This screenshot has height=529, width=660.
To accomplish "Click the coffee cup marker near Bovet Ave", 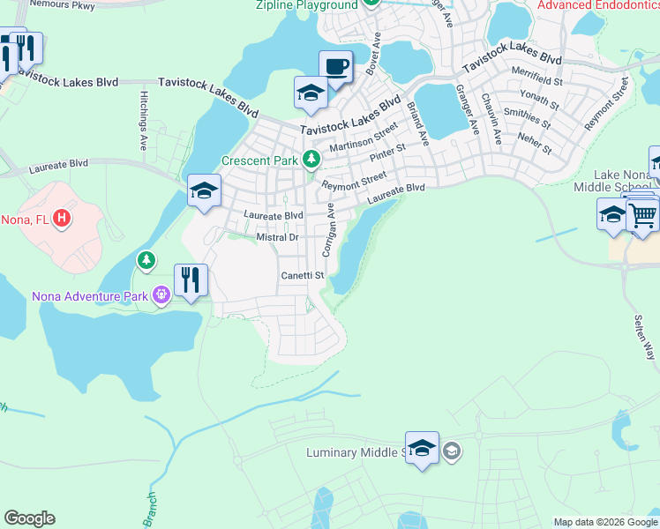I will (335, 67).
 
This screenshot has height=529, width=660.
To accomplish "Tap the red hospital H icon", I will (61, 217).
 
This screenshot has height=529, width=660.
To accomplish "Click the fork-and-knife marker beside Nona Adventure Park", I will (191, 281).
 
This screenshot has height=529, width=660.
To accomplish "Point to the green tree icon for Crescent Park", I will (311, 160).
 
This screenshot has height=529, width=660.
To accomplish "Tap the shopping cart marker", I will (642, 214).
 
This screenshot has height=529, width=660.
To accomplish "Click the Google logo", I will (29, 518).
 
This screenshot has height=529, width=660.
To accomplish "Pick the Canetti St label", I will (303, 276).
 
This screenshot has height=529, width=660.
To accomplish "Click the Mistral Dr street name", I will (278, 237).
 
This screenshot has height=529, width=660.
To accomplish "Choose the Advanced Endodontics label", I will (597, 5).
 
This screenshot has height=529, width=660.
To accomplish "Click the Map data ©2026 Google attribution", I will (604, 522).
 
